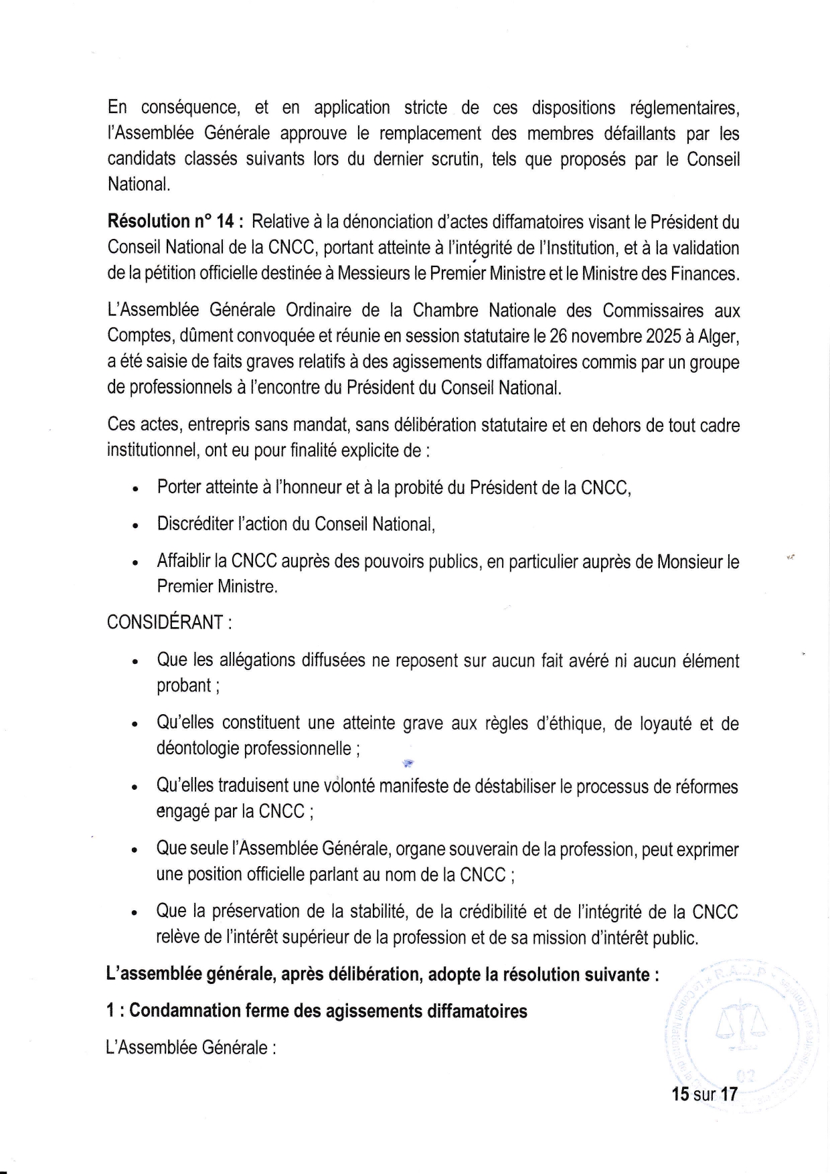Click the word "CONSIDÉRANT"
click(165, 622)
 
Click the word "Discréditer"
click(195, 524)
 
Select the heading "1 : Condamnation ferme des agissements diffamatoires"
click(317, 1011)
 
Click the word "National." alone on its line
click(139, 185)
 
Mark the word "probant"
click(183, 686)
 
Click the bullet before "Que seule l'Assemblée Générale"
click(135, 851)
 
